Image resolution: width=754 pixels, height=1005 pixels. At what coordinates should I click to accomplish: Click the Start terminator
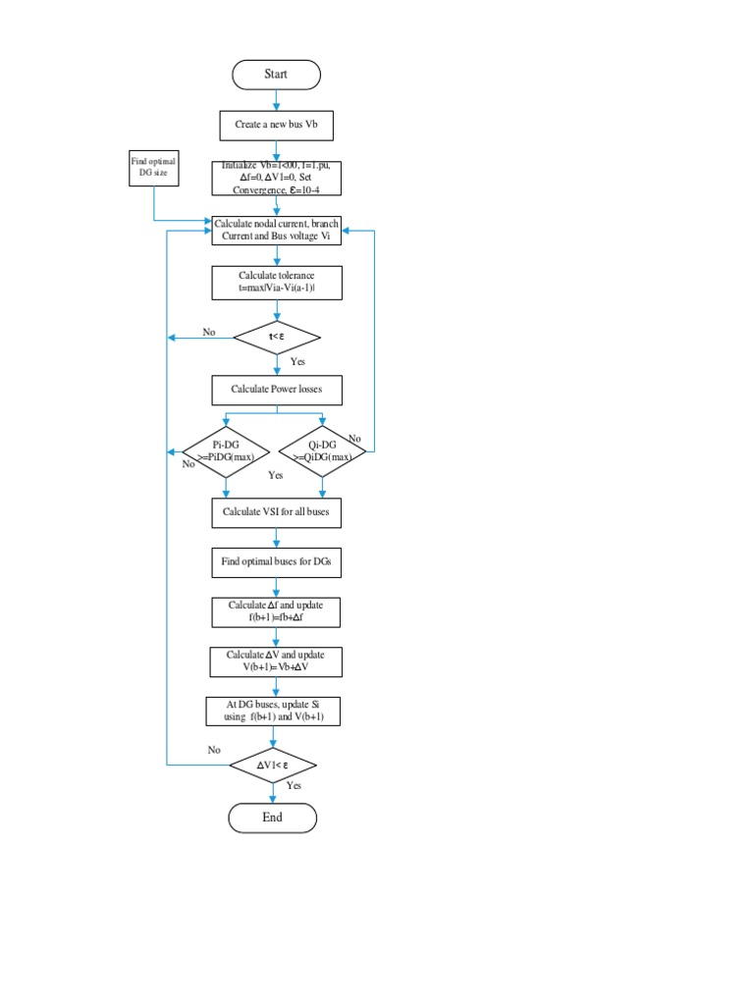pyautogui.click(x=276, y=75)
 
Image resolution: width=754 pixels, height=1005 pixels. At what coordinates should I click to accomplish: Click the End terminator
pyautogui.click(x=273, y=818)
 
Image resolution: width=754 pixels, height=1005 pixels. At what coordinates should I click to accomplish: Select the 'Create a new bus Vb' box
pyautogui.click(x=276, y=126)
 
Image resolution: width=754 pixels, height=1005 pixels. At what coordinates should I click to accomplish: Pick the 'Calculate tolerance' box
pyautogui.click(x=276, y=283)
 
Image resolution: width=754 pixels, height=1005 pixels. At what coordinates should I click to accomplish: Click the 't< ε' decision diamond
pyautogui.click(x=276, y=339)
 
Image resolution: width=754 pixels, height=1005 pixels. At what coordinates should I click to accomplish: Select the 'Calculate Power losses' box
pyautogui.click(x=276, y=390)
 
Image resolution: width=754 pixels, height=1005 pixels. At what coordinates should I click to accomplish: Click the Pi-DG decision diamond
pyautogui.click(x=227, y=451)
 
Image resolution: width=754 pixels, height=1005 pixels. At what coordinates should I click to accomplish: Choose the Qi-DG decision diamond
pyautogui.click(x=322, y=451)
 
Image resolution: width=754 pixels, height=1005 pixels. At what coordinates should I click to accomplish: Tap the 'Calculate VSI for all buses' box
pyautogui.click(x=276, y=512)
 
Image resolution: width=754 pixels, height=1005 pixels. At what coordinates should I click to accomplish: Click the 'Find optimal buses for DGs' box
pyautogui.click(x=276, y=563)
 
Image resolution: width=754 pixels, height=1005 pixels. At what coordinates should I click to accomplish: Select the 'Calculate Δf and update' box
pyautogui.click(x=276, y=611)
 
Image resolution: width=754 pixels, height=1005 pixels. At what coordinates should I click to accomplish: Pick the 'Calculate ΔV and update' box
pyautogui.click(x=276, y=661)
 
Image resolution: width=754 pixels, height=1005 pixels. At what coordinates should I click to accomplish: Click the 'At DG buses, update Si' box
pyautogui.click(x=276, y=712)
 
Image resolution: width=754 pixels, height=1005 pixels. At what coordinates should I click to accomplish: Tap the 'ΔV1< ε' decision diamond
pyautogui.click(x=273, y=765)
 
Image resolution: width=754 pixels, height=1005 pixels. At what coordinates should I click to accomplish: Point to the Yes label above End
pyautogui.click(x=295, y=786)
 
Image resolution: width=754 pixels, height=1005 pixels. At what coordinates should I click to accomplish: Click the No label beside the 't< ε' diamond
pyautogui.click(x=209, y=332)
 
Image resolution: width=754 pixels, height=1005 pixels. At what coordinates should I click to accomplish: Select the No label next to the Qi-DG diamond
pyautogui.click(x=354, y=439)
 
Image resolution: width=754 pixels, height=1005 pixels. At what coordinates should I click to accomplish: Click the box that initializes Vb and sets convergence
pyautogui.click(x=276, y=179)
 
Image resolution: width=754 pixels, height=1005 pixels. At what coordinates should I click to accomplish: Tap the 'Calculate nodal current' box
pyautogui.click(x=276, y=232)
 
